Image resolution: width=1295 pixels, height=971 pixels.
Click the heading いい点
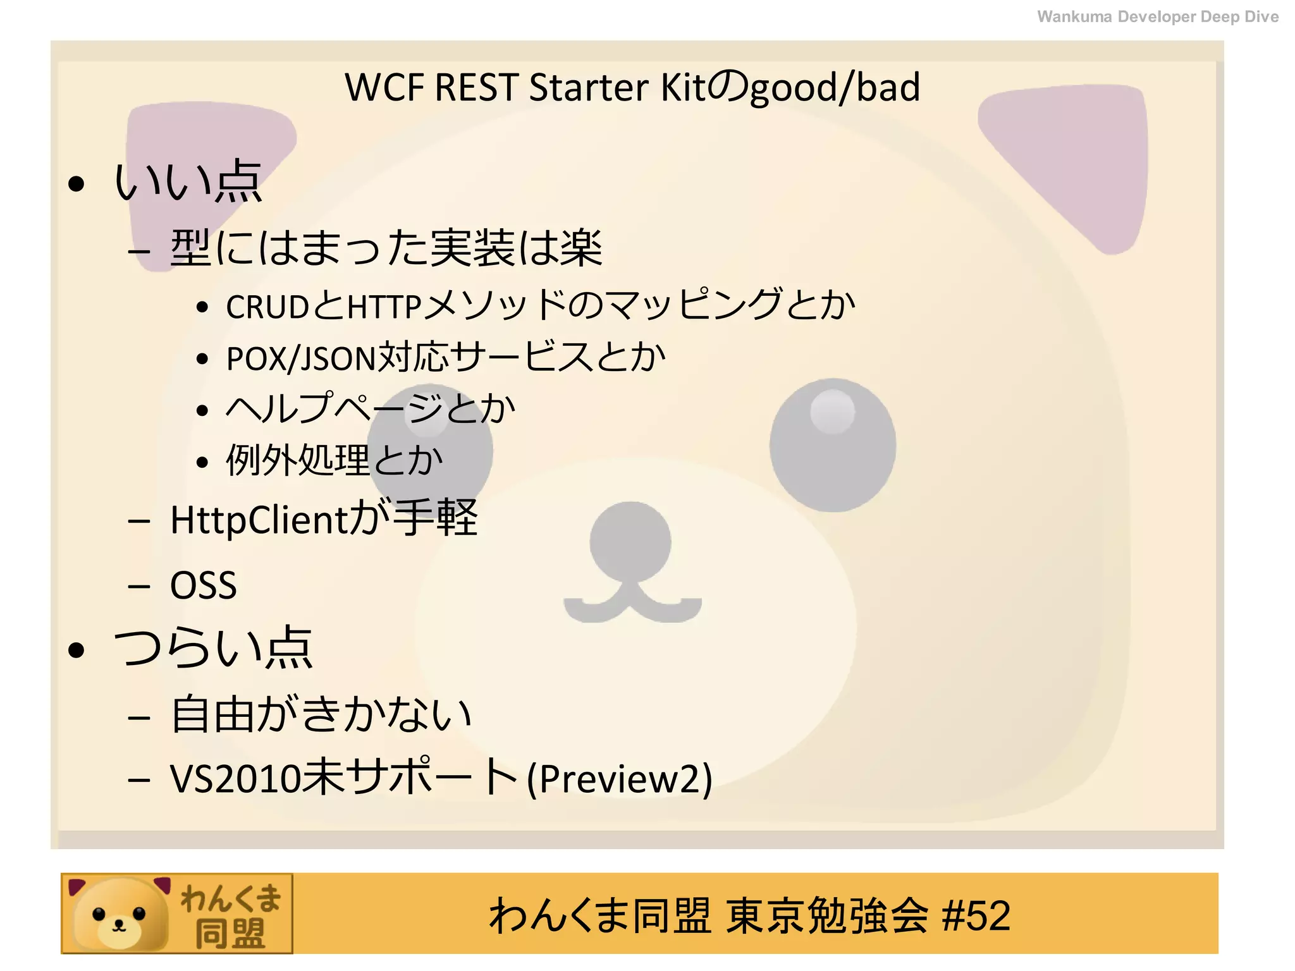[x=187, y=181]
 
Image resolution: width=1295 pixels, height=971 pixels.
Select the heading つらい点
[x=212, y=647]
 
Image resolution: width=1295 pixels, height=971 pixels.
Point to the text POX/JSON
[x=300, y=358]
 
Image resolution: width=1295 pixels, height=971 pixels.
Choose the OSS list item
[x=203, y=585]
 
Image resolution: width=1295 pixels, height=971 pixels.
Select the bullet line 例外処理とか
[x=334, y=460]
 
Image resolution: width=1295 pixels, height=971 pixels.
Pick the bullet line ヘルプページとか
[x=371, y=409]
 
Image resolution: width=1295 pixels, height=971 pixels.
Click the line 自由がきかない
[x=321, y=714]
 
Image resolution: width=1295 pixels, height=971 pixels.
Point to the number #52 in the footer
[x=976, y=915]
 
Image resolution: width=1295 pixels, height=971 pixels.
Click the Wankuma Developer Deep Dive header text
[x=1157, y=16]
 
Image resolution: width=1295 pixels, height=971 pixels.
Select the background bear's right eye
[x=832, y=444]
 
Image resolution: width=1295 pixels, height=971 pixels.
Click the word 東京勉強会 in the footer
[x=826, y=915]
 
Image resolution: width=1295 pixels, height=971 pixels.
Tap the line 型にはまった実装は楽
[x=386, y=248]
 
